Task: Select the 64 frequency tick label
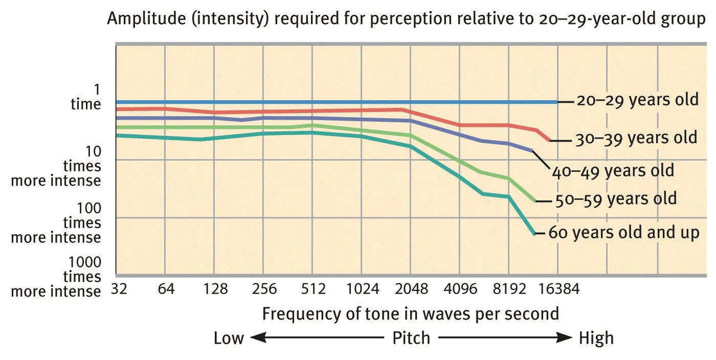[166, 289]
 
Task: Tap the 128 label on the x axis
[215, 289]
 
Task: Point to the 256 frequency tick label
[264, 289]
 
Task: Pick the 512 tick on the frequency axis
[313, 289]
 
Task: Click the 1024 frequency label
[362, 289]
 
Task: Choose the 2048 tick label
[411, 289]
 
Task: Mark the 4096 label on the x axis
[461, 289]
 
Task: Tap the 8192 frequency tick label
[509, 289]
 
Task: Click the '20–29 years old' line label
[637, 100]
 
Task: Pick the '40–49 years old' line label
[613, 170]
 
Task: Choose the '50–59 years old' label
[615, 198]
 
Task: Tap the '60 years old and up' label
[623, 233]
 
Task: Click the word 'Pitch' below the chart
[411, 338]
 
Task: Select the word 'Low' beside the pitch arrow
[229, 338]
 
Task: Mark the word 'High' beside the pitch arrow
[596, 338]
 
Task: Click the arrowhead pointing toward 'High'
[566, 337]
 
